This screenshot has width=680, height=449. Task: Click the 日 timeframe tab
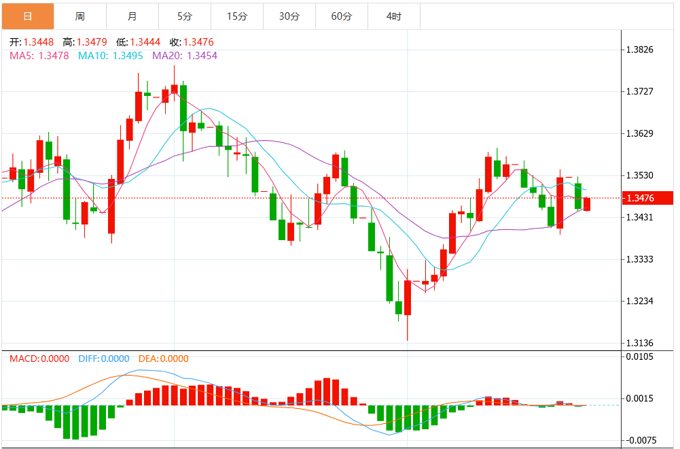tap(27, 16)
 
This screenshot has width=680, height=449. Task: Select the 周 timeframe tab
tap(80, 16)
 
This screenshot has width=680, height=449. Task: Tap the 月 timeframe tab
tap(132, 16)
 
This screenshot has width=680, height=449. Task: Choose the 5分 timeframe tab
tap(184, 16)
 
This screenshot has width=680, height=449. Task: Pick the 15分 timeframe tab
tap(236, 16)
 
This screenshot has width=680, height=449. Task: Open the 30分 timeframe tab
tap(289, 16)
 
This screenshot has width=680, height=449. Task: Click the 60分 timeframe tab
tap(341, 16)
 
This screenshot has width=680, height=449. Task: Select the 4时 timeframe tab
tap(393, 16)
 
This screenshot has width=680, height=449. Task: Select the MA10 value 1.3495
tap(128, 56)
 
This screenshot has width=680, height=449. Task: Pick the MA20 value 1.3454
tap(202, 56)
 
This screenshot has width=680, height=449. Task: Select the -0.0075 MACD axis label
tap(641, 440)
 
